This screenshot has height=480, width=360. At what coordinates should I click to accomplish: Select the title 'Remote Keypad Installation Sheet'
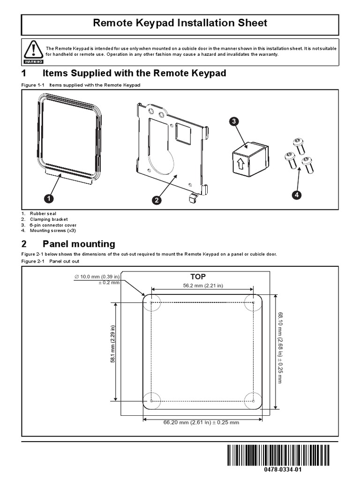tap(180, 22)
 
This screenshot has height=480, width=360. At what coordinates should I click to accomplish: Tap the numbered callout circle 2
tap(156, 200)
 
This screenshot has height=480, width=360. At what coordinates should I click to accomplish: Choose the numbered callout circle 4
tap(296, 195)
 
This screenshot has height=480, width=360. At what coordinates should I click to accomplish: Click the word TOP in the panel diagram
tap(198, 277)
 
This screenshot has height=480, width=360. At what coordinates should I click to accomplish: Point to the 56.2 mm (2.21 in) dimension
tap(202, 285)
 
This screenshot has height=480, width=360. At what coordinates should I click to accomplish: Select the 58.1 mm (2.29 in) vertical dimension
tap(112, 351)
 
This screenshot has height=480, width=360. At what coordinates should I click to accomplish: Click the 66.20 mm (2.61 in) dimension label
tap(201, 422)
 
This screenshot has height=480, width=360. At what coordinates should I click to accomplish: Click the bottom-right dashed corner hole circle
tap(253, 400)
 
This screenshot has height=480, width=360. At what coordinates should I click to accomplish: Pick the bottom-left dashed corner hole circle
tap(151, 400)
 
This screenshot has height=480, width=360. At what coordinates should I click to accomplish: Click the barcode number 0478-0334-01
tap(279, 470)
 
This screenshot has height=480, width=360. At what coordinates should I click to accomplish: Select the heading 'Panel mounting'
tap(79, 244)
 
